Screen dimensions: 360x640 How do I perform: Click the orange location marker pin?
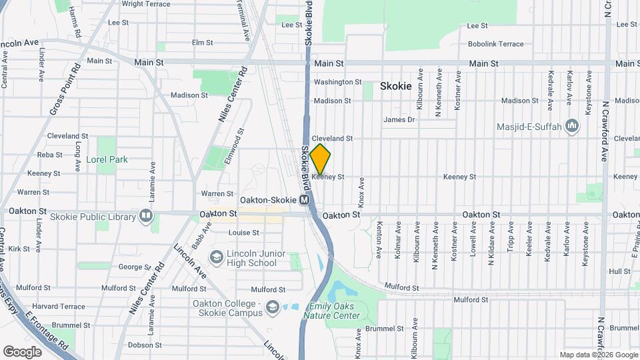click(x=320, y=159)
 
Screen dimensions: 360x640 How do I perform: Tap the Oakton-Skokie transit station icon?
click(x=305, y=200)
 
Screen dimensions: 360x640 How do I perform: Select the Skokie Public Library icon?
click(x=145, y=216)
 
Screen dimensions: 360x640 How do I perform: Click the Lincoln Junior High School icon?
click(x=216, y=257)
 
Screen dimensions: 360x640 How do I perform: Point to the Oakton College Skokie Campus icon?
click(x=271, y=307)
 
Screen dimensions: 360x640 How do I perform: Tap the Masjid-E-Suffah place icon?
click(x=571, y=126)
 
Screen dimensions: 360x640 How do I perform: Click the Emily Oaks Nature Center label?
click(x=334, y=311)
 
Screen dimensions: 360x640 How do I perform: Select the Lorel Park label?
click(x=107, y=159)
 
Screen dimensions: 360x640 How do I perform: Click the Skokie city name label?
click(x=396, y=86)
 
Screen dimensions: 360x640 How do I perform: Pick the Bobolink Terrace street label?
click(x=495, y=44)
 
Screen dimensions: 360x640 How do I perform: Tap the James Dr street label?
click(x=399, y=120)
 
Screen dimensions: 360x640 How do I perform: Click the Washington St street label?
click(x=337, y=82)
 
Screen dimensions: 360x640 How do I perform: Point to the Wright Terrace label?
click(x=146, y=4)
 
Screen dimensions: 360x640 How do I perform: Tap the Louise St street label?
click(x=243, y=233)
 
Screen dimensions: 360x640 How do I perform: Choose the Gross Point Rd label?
click(x=65, y=88)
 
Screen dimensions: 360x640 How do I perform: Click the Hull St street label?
click(x=619, y=271)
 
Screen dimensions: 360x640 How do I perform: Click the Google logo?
click(x=22, y=351)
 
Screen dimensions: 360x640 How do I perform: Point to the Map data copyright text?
click(x=599, y=355)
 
